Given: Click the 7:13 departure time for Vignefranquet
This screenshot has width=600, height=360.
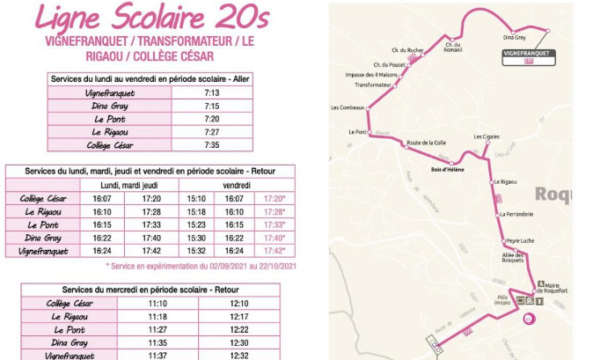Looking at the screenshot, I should tap(211, 92).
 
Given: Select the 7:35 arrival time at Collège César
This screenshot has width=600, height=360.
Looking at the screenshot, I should tap(211, 145).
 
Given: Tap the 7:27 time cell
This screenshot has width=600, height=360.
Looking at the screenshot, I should tap(211, 132).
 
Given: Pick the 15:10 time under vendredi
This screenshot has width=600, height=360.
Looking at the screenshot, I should tap(196, 198).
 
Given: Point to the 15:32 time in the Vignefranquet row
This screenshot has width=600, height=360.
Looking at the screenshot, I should tap(196, 251).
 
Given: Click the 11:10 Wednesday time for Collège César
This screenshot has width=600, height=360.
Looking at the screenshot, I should tap(157, 303).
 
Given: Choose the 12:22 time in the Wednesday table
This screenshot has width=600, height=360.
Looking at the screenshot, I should tap(239, 329).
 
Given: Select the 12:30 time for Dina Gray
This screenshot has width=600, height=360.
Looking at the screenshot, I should tap(239, 342).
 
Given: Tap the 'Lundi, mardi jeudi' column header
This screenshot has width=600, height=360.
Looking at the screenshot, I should tap(129, 185).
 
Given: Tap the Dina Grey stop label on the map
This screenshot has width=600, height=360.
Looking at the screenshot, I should tap(514, 38).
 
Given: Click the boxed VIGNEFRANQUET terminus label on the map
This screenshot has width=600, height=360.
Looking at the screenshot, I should tap(530, 53).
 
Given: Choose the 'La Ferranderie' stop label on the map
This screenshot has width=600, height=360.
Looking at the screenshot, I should tap(515, 214).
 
